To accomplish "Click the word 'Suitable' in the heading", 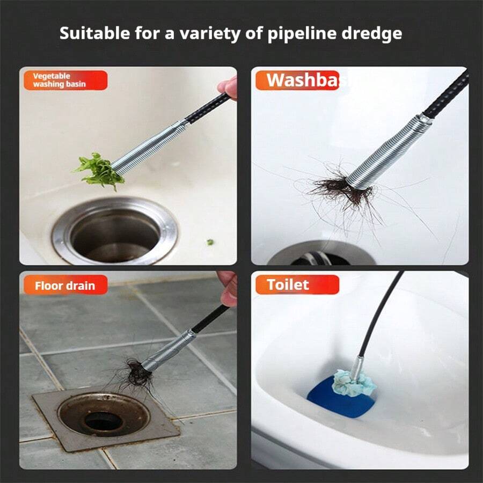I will [x=87, y=33].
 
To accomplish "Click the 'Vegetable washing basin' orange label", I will [x=64, y=80].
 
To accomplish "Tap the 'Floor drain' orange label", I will [x=64, y=285].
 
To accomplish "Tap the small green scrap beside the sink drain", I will [x=210, y=242].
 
